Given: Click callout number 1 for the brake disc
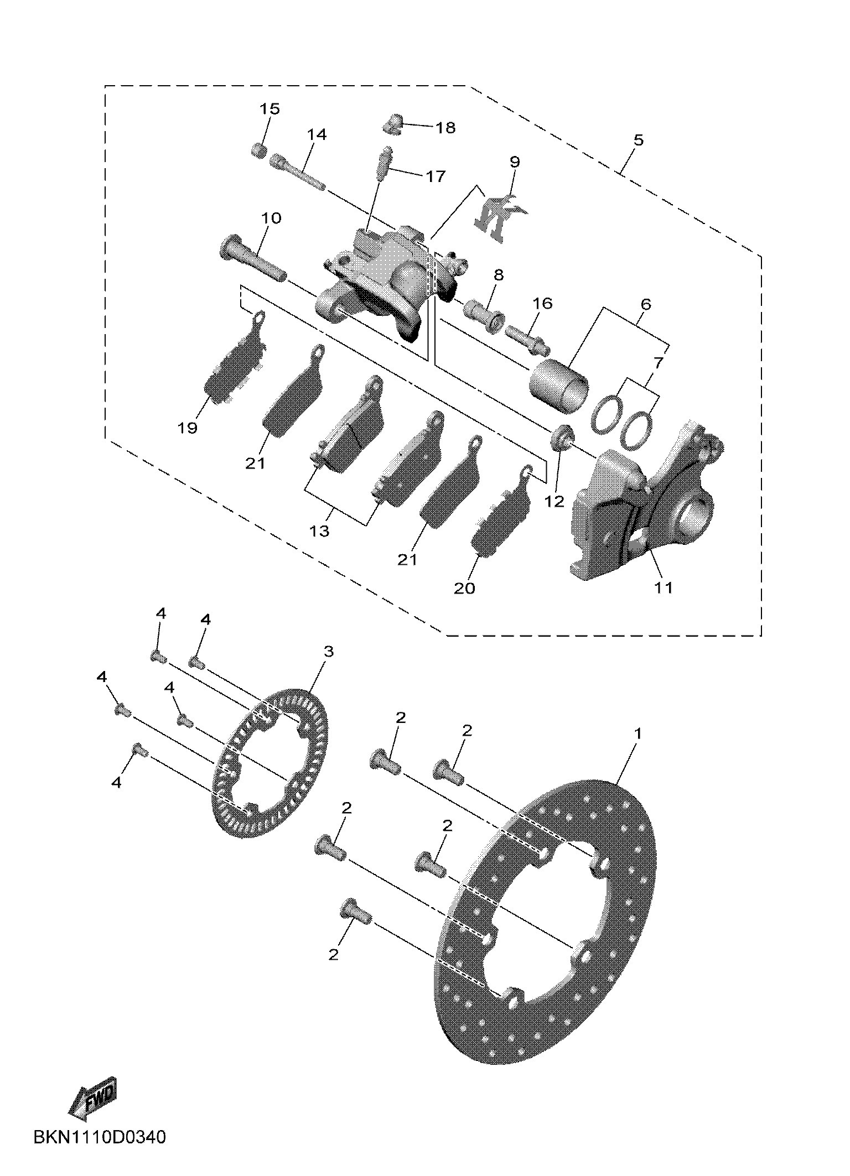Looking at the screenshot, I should coord(637,734).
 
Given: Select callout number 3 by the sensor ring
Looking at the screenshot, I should coord(329,652).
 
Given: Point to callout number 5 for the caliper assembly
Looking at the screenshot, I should coord(639,140).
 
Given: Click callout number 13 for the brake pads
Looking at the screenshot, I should coord(320,531).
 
